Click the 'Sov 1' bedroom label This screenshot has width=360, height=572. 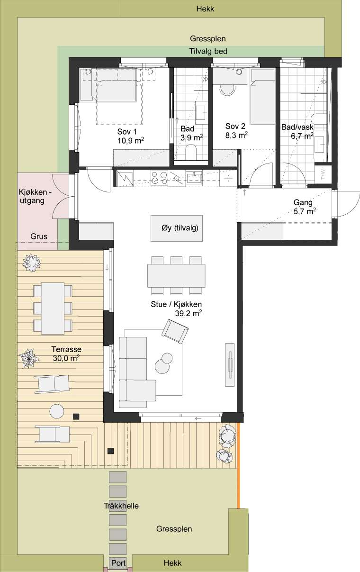pyautogui.click(x=127, y=132)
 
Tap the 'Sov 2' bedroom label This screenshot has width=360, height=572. pyautogui.click(x=235, y=126)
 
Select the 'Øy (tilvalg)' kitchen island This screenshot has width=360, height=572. pyautogui.click(x=177, y=228)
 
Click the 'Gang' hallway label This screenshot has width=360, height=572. pyautogui.click(x=303, y=202)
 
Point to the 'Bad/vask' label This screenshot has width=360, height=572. pyautogui.click(x=297, y=127)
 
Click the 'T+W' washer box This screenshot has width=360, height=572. pyautogui.click(x=323, y=174)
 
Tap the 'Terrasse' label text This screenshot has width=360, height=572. pyautogui.click(x=66, y=349)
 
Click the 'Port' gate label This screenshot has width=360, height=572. pyautogui.click(x=118, y=563)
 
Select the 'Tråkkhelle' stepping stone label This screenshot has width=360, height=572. pyautogui.click(x=121, y=506)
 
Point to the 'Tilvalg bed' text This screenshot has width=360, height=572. pyautogui.click(x=208, y=51)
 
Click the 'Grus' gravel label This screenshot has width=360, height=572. pyautogui.click(x=39, y=236)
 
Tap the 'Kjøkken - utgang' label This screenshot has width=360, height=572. pyautogui.click(x=35, y=196)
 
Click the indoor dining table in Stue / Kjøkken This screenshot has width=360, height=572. pyautogui.click(x=176, y=276)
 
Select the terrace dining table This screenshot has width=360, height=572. pyautogui.click(x=53, y=309)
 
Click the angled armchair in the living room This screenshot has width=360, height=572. pyautogui.click(x=175, y=331)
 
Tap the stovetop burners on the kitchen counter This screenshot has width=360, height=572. pyautogui.click(x=159, y=177)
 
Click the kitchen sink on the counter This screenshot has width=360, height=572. pyautogui.click(x=194, y=177)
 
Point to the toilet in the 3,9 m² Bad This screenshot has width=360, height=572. pyautogui.click(x=191, y=152)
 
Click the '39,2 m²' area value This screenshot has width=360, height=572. pyautogui.click(x=189, y=313)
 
